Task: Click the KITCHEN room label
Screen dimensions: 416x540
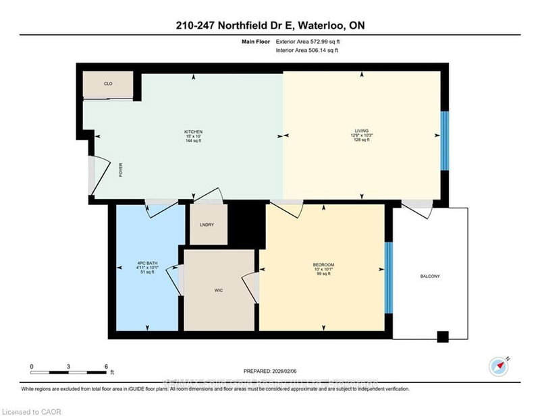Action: (x=194, y=131)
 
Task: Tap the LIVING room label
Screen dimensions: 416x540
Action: (x=362, y=131)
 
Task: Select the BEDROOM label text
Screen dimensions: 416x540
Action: (x=323, y=264)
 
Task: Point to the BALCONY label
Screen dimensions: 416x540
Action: (x=430, y=277)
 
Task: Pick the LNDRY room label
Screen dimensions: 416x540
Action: (x=207, y=225)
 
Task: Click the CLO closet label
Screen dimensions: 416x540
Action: (x=107, y=85)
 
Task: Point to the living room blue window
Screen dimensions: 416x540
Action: (x=444, y=140)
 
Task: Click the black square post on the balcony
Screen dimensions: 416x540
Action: (x=442, y=337)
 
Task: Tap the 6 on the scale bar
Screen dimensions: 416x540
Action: (x=106, y=366)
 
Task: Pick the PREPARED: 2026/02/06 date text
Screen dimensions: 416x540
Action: (x=269, y=372)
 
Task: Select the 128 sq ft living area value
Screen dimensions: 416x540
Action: (x=362, y=142)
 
